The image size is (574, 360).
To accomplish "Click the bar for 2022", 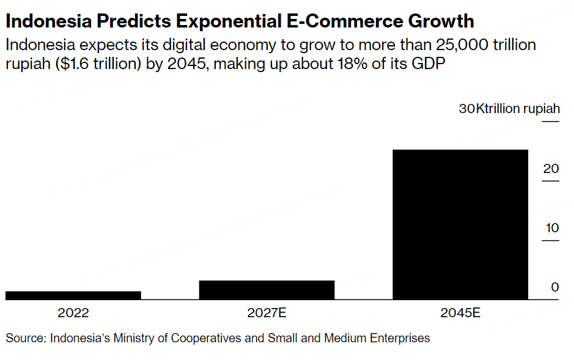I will tap(73, 295).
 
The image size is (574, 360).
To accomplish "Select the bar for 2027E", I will tap(267, 290).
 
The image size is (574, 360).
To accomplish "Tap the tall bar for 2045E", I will tap(460, 224).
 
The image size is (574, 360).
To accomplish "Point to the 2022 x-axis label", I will tap(73, 313).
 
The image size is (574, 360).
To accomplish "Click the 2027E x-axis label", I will tap(267, 313).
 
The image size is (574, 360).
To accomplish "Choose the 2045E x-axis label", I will tap(460, 313).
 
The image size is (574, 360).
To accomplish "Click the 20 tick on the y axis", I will tap(551, 169).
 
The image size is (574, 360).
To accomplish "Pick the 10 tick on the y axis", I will tap(552, 228).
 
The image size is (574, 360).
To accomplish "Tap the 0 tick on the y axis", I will tap(554, 287).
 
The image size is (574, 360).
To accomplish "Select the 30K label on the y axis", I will tap(469, 109).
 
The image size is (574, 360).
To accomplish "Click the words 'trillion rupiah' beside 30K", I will tap(520, 109).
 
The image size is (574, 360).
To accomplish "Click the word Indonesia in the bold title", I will tap(46, 21).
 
